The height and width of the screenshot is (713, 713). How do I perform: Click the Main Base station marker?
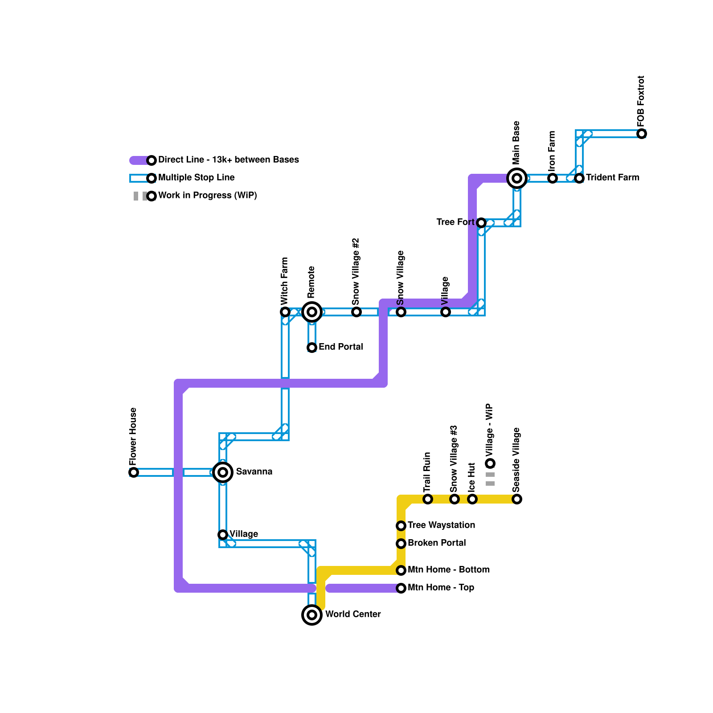517,178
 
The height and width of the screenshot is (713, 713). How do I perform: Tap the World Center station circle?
312,615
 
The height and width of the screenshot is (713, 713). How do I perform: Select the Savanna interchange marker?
223,472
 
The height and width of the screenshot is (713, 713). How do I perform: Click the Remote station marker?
312,312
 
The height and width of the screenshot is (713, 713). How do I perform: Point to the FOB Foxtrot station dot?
642,134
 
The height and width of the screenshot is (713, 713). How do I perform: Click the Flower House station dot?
134,472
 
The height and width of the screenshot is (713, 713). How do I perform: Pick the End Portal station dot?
312,348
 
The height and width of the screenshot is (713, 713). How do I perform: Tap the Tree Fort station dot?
481,223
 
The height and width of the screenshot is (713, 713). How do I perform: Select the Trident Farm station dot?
579,178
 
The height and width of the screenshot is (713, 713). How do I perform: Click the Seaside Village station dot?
517,499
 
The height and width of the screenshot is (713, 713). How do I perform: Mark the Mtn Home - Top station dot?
401,588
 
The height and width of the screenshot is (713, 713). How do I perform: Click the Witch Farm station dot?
285,312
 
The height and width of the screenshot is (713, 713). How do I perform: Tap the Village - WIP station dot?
490,463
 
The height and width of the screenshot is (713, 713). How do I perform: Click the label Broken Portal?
437,543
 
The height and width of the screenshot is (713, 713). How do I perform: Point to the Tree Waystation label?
441,525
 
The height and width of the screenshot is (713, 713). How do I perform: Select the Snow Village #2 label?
356,272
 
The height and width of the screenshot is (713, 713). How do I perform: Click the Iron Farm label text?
552,150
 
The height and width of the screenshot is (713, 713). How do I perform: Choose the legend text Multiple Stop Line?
197,177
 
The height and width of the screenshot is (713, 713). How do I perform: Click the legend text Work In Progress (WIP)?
208,195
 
